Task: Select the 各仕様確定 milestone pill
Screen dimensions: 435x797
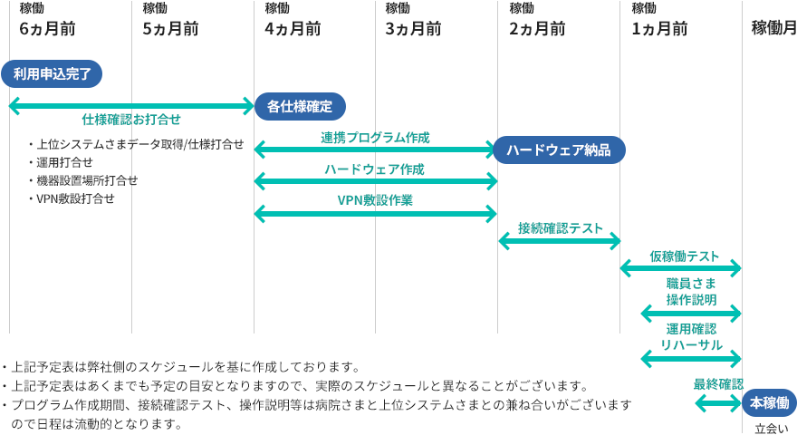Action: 299,106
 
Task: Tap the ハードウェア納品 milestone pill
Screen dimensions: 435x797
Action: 559,150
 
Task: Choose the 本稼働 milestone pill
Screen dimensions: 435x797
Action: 769,402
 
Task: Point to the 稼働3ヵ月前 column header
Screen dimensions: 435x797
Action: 413,20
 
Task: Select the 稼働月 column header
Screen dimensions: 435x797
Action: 773,28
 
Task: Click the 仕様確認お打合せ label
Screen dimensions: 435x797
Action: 131,120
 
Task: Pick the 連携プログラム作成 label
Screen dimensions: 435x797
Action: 375,137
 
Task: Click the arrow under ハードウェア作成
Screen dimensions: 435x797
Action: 376,182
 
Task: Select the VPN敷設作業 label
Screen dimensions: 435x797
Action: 375,200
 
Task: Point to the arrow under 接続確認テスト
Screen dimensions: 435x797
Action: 559,241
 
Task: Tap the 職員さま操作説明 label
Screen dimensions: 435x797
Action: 691,292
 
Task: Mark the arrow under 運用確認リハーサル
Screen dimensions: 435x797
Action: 691,359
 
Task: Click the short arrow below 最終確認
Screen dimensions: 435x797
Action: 718,401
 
